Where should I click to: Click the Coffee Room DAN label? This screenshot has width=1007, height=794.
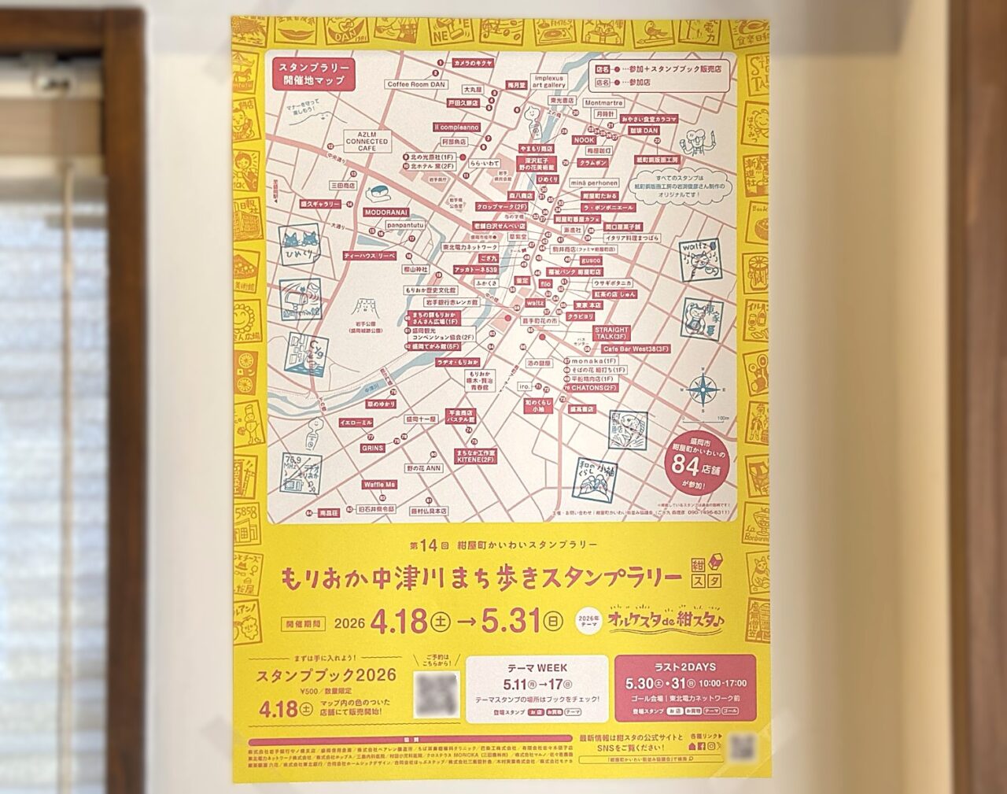(415, 83)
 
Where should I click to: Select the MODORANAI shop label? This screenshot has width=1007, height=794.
(383, 212)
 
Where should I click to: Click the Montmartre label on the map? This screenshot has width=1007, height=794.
(604, 102)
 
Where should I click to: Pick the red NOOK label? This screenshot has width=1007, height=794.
(585, 139)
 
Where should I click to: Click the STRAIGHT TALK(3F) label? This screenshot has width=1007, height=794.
(611, 334)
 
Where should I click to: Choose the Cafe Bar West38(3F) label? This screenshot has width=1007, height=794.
(636, 348)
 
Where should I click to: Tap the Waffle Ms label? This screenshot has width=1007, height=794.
(379, 485)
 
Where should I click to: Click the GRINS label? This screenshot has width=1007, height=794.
(372, 447)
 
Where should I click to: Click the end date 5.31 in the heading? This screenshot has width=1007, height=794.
(509, 622)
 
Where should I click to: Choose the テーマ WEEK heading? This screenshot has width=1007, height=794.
(534, 667)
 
